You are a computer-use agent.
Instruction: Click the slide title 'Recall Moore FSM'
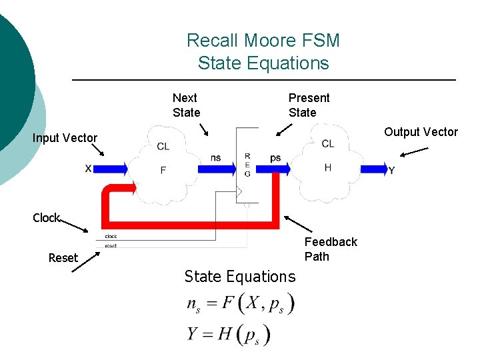[263, 41]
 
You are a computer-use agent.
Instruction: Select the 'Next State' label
[186, 105]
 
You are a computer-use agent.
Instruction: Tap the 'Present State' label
[309, 105]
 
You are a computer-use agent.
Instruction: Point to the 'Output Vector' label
[421, 132]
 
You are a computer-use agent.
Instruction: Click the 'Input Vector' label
[65, 138]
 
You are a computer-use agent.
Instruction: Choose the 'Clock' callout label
[46, 218]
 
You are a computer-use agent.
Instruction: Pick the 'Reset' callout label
[63, 258]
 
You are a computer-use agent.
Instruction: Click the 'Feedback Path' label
[331, 249]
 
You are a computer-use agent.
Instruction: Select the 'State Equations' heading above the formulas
[239, 276]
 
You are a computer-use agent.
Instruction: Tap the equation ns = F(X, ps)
[240, 304]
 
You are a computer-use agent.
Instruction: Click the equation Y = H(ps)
[229, 333]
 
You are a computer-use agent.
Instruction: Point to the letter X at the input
[88, 169]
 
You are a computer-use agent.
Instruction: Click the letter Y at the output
[391, 171]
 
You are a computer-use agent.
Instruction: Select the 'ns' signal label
[215, 158]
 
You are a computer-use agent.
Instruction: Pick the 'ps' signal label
[275, 158]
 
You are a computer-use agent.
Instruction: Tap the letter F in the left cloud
[163, 170]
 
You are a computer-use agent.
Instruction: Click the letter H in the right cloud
[327, 167]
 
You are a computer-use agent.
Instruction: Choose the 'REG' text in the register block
[247, 165]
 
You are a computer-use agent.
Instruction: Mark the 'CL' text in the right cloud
[327, 144]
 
